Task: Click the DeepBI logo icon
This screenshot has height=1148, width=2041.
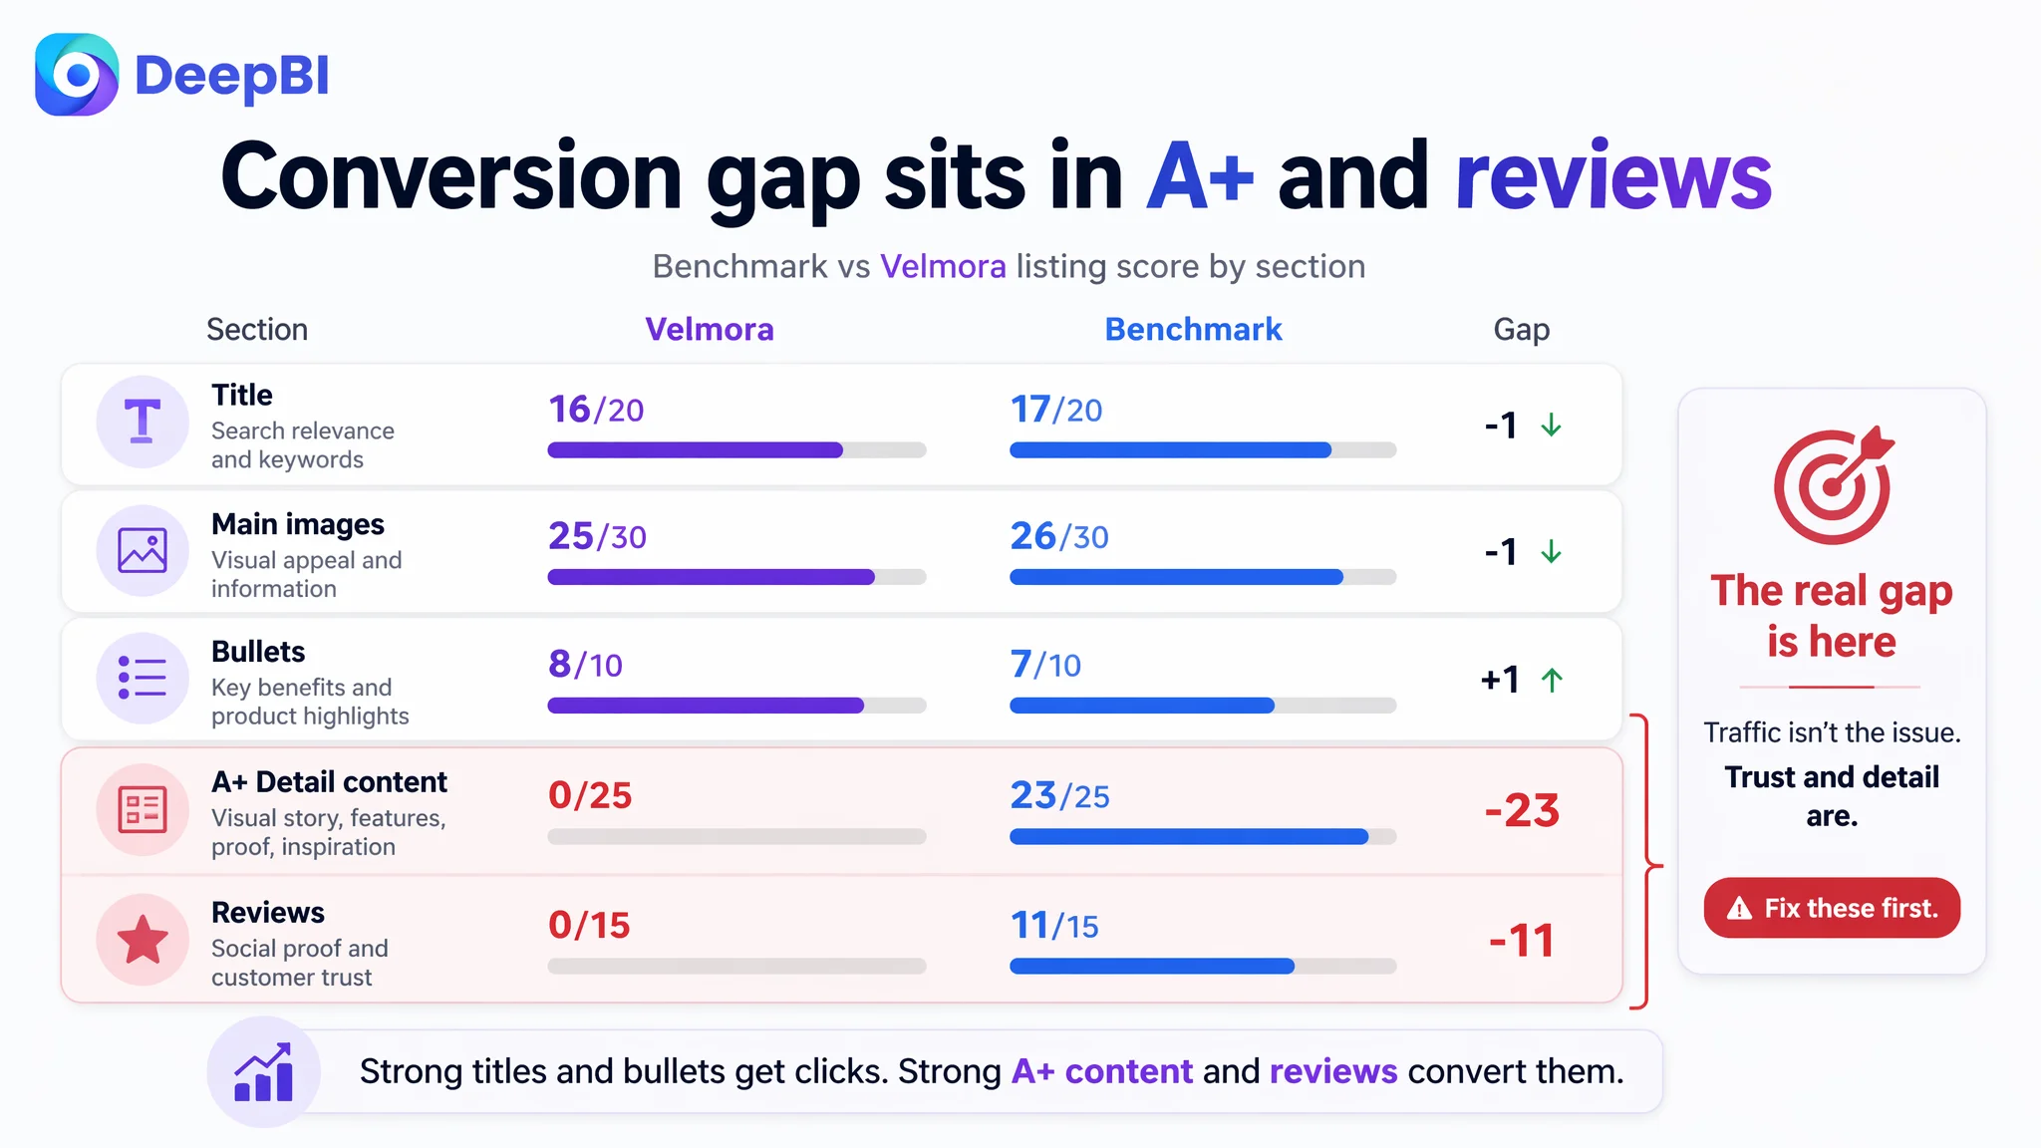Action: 77,75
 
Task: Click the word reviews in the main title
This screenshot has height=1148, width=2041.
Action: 1613,176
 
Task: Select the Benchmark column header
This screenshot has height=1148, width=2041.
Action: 1193,329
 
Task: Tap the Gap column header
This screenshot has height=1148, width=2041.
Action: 1521,330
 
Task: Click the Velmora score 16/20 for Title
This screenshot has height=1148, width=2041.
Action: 596,410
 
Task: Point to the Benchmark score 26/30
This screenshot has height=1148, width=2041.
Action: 1059,536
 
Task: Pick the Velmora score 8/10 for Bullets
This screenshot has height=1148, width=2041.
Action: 585,664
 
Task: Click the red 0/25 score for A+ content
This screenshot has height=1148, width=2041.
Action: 590,795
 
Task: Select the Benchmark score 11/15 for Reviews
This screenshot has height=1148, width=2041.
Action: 1054,925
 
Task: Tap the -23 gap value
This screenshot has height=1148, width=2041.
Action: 1522,810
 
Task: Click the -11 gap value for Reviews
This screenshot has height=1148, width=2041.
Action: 1522,941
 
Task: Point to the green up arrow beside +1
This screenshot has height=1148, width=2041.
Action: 1552,680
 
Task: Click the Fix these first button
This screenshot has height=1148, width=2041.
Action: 1832,908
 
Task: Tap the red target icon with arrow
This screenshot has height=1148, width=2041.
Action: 1833,485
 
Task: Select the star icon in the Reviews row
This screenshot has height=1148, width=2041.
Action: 143,939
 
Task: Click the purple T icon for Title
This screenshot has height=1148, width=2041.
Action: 143,421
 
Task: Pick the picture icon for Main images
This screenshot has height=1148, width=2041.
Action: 143,550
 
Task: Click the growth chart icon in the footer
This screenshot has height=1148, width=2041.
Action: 263,1072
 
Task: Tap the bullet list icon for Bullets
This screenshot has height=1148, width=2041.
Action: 143,678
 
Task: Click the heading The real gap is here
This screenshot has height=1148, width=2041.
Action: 1832,616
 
